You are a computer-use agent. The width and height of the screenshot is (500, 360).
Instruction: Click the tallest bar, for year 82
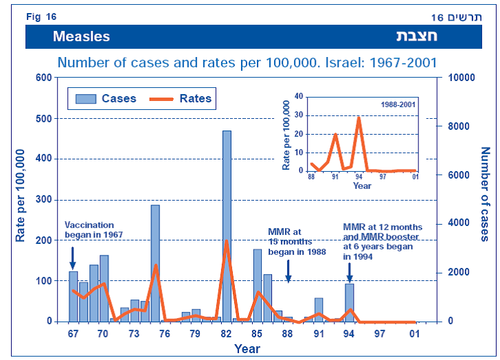coord(227,226)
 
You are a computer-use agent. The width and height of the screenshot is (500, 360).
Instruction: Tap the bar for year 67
coord(73,296)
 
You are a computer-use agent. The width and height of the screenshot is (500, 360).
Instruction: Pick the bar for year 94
coord(350,302)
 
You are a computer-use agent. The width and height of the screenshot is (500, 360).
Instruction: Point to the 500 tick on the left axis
coord(43,118)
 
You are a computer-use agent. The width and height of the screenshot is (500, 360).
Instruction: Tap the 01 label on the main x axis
coord(415,334)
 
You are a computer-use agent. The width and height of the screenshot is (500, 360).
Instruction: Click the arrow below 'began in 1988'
coord(288,270)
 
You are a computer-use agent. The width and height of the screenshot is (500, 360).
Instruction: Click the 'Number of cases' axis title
coord(484,194)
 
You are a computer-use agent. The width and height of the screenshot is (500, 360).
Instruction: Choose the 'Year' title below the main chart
coord(247,349)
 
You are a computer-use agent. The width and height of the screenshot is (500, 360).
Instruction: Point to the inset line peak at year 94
coord(359,117)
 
